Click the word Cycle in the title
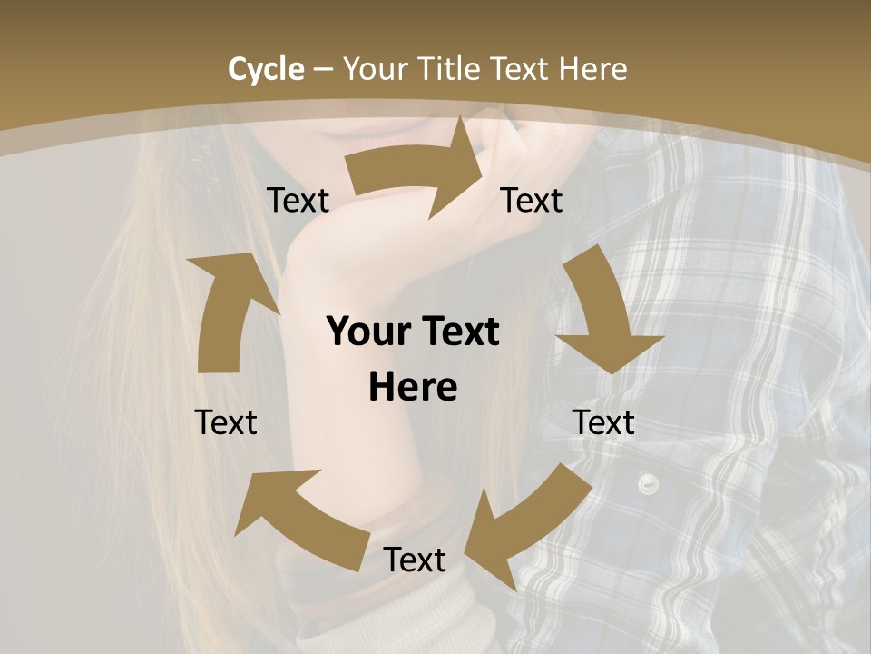click(266, 69)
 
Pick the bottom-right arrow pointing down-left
click(526, 527)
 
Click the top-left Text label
click(298, 201)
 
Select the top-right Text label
click(532, 201)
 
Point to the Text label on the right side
click(603, 422)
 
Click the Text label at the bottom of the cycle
click(415, 560)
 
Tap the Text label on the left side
click(226, 422)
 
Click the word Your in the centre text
click(367, 332)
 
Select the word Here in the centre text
click(413, 387)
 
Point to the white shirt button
click(647, 482)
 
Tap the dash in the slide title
click(323, 69)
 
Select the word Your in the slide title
click(373, 69)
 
